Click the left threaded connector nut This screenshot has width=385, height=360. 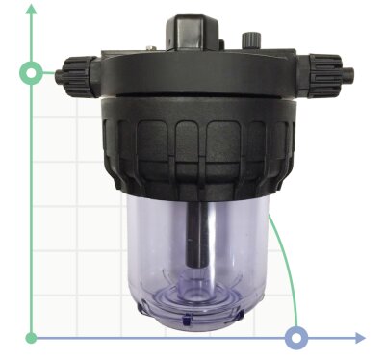click(x=76, y=71)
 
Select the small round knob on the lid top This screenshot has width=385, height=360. click(x=253, y=39)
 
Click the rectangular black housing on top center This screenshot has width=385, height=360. click(x=199, y=33)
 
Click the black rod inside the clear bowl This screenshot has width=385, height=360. click(x=199, y=231)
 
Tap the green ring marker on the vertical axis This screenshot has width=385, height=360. click(x=32, y=73)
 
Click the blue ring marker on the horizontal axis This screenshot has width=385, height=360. click(x=297, y=337)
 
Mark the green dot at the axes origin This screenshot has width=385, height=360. click(x=32, y=338)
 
